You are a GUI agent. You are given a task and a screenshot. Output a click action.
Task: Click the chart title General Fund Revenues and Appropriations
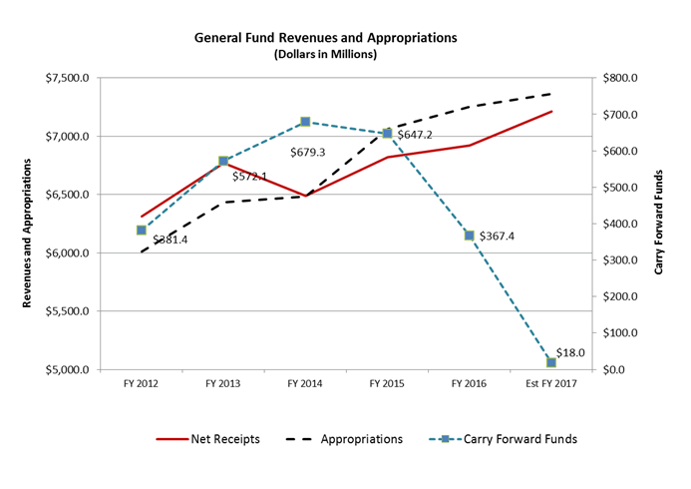coord(326,37)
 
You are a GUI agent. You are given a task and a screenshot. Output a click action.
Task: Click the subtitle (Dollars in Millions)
coord(326,54)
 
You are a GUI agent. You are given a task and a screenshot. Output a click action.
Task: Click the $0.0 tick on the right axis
coord(609,370)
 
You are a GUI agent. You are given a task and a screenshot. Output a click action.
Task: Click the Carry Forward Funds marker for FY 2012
coord(142,231)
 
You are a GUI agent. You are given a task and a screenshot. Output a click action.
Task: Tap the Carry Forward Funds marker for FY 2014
coord(305,122)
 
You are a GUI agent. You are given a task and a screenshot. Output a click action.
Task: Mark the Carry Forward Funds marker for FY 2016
coord(469,236)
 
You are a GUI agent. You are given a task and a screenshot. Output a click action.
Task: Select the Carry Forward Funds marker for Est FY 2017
coord(550,362)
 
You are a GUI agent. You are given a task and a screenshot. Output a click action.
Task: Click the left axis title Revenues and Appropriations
coord(30,224)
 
